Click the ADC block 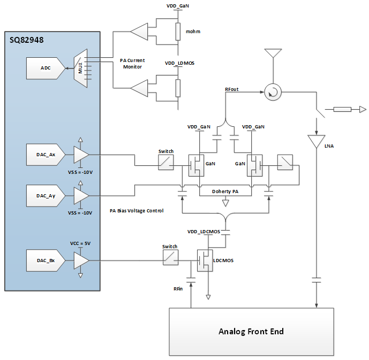click(x=45, y=68)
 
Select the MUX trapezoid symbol click(x=80, y=68)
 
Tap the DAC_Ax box click(x=45, y=155)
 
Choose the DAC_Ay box click(x=45, y=195)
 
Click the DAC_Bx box click(x=45, y=261)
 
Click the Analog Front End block click(x=251, y=332)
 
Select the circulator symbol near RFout click(x=274, y=93)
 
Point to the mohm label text click(x=193, y=32)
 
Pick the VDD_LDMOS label click(x=179, y=63)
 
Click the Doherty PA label click(x=225, y=191)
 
